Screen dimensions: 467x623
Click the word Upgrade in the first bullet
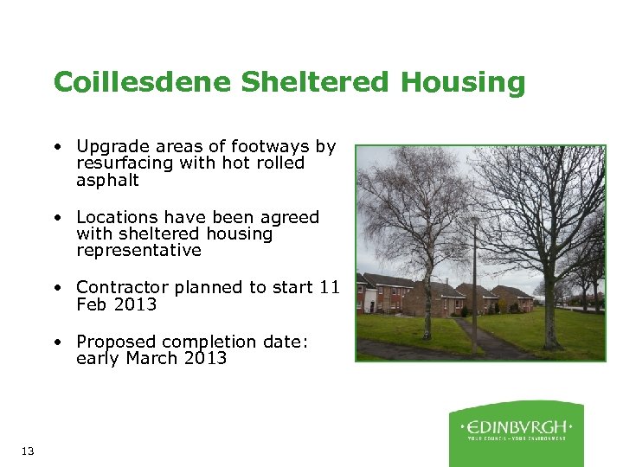click(x=109, y=147)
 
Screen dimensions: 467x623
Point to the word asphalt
click(x=107, y=180)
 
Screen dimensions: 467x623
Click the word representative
click(x=138, y=250)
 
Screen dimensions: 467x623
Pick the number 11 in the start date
click(x=329, y=287)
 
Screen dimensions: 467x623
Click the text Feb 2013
click(x=116, y=304)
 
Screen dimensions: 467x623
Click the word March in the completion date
click(x=148, y=358)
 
